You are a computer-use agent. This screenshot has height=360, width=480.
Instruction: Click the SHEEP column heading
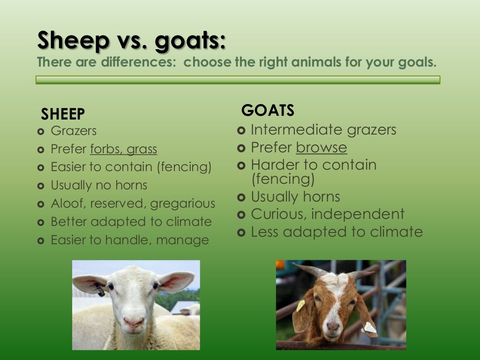(63, 114)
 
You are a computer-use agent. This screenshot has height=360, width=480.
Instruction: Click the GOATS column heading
(268, 111)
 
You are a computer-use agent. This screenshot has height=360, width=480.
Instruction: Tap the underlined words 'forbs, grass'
(124, 149)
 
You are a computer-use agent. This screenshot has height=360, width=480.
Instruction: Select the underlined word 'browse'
(322, 147)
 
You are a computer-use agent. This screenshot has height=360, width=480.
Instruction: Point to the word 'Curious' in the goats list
(278, 214)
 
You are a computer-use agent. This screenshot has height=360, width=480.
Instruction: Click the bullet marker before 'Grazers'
(40, 131)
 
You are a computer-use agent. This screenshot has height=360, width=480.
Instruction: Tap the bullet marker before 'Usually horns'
(241, 197)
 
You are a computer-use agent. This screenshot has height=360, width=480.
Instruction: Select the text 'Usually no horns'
(99, 185)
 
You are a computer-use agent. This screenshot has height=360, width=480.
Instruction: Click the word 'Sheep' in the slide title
(73, 40)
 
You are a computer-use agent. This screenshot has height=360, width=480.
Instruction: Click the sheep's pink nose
(134, 322)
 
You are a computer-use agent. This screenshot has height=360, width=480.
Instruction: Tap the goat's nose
(333, 326)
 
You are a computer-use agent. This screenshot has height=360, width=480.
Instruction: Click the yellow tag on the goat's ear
(300, 306)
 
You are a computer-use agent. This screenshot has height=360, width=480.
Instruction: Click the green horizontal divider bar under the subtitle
(238, 80)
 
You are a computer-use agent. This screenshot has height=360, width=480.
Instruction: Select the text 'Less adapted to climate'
(337, 232)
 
